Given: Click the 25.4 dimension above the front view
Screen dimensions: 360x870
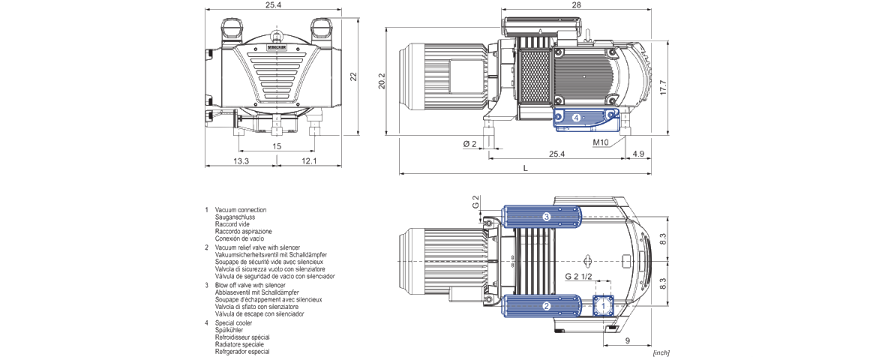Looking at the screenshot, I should [273, 5].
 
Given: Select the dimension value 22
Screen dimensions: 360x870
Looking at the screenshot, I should [353, 76].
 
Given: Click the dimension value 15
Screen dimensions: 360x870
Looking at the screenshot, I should [277, 146].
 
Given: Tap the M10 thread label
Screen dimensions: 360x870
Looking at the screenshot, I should [601, 142].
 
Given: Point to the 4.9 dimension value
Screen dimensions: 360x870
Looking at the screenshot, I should [638, 154].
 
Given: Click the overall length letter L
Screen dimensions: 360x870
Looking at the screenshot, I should [525, 169].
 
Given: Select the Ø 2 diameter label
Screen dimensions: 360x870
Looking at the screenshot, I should [470, 142].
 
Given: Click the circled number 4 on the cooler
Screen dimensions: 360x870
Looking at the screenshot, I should [576, 118].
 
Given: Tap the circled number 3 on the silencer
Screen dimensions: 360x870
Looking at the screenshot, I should [547, 217].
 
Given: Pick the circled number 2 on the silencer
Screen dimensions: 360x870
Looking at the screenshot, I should [547, 306].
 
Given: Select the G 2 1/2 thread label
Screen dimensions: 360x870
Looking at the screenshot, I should [578, 277].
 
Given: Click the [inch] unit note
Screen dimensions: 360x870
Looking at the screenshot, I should [661, 352].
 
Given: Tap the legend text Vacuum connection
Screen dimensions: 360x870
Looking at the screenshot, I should [240, 209].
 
